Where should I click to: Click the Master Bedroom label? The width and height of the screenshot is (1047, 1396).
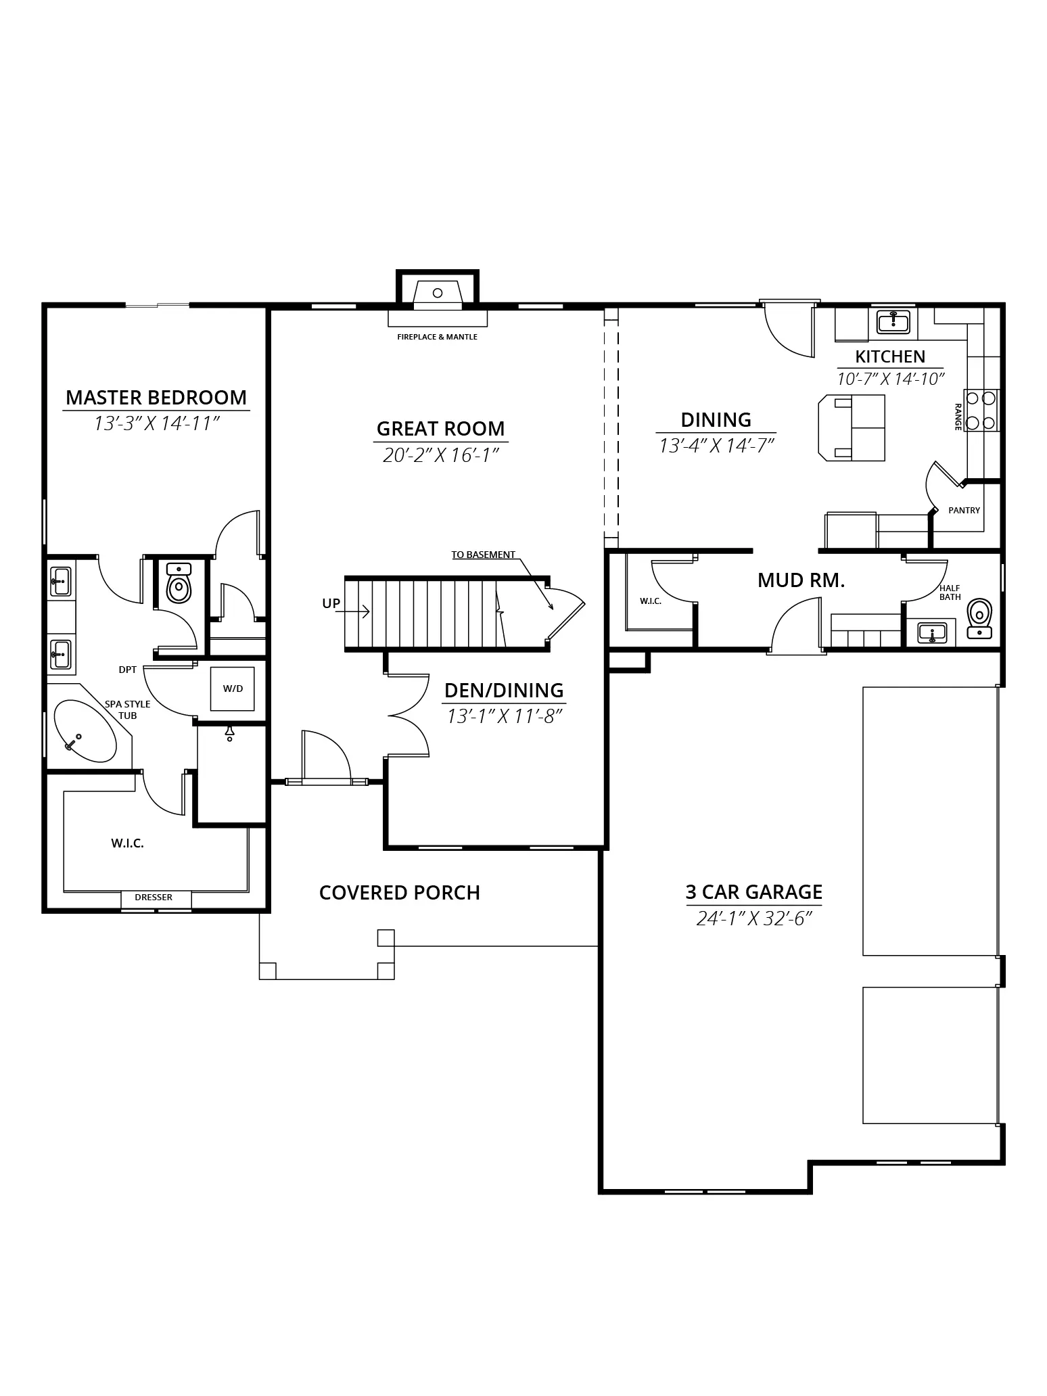[156, 397]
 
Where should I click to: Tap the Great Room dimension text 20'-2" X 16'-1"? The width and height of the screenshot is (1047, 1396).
[440, 455]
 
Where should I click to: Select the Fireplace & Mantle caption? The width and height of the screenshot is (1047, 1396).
[438, 337]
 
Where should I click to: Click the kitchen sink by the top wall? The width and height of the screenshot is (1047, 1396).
[893, 322]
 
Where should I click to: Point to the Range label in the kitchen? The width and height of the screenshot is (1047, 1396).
[958, 417]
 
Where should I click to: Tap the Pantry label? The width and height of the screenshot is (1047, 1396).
[964, 511]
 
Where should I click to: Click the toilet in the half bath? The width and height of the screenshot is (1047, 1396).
[979, 618]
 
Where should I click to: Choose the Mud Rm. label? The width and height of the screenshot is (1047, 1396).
[801, 580]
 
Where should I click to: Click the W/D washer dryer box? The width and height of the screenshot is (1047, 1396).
[233, 689]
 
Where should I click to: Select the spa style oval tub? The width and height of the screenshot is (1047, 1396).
[85, 731]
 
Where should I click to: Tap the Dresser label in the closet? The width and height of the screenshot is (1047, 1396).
[154, 898]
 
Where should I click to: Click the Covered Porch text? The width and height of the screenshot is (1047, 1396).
[400, 893]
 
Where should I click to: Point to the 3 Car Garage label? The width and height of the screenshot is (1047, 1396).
[754, 892]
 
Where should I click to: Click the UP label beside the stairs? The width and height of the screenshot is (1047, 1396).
[331, 604]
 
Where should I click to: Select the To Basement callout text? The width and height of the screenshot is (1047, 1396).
[484, 555]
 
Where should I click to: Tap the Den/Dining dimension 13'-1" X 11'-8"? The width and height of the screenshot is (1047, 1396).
[505, 716]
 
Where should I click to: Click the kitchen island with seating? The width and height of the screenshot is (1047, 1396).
[852, 427]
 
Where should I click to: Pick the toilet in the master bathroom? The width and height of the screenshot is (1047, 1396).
[179, 583]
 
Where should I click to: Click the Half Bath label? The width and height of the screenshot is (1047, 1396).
[950, 592]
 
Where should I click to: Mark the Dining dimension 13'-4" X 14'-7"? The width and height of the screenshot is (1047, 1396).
[716, 446]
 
